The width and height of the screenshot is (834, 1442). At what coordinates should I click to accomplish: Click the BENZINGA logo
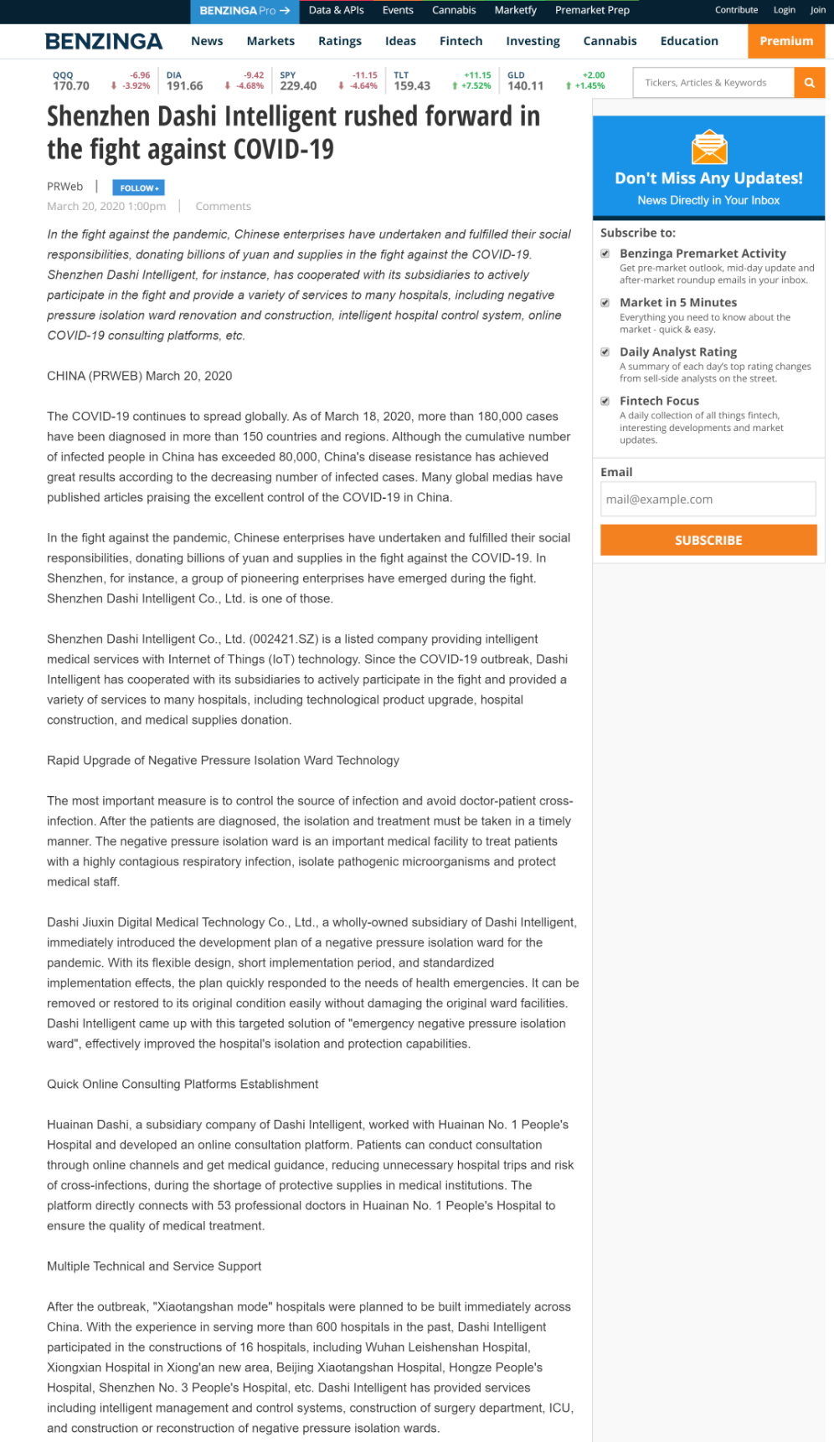point(104,41)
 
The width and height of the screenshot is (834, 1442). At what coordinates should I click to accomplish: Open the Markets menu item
point(270,41)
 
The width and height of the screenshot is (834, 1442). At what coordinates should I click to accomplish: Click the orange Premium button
point(785,41)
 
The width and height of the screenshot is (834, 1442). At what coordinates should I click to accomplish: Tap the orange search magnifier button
point(810,83)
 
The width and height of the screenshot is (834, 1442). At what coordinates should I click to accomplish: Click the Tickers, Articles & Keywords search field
point(713,83)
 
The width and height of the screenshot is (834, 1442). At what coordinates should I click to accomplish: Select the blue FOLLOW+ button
point(138,187)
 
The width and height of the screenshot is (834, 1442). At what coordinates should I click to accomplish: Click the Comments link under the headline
point(223,206)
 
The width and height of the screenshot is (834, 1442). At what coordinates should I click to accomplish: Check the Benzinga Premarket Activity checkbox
point(605,254)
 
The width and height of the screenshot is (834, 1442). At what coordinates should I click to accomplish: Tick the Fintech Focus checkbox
point(605,401)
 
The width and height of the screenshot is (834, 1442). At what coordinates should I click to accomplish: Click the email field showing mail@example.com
point(708,499)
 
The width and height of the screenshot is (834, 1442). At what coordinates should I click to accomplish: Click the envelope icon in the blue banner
point(708,148)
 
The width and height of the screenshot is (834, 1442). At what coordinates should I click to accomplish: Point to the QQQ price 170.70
point(71,86)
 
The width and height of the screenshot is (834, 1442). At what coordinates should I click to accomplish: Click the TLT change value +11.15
point(477,75)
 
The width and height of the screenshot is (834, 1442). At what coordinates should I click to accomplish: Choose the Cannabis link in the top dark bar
point(454,10)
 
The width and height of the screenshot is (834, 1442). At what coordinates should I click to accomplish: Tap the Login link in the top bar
point(784,10)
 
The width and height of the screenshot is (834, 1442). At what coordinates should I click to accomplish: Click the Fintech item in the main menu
point(461,41)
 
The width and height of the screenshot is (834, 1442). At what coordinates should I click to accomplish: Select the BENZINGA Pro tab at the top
point(244,11)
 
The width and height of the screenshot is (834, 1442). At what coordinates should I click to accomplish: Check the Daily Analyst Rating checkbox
point(605,352)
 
